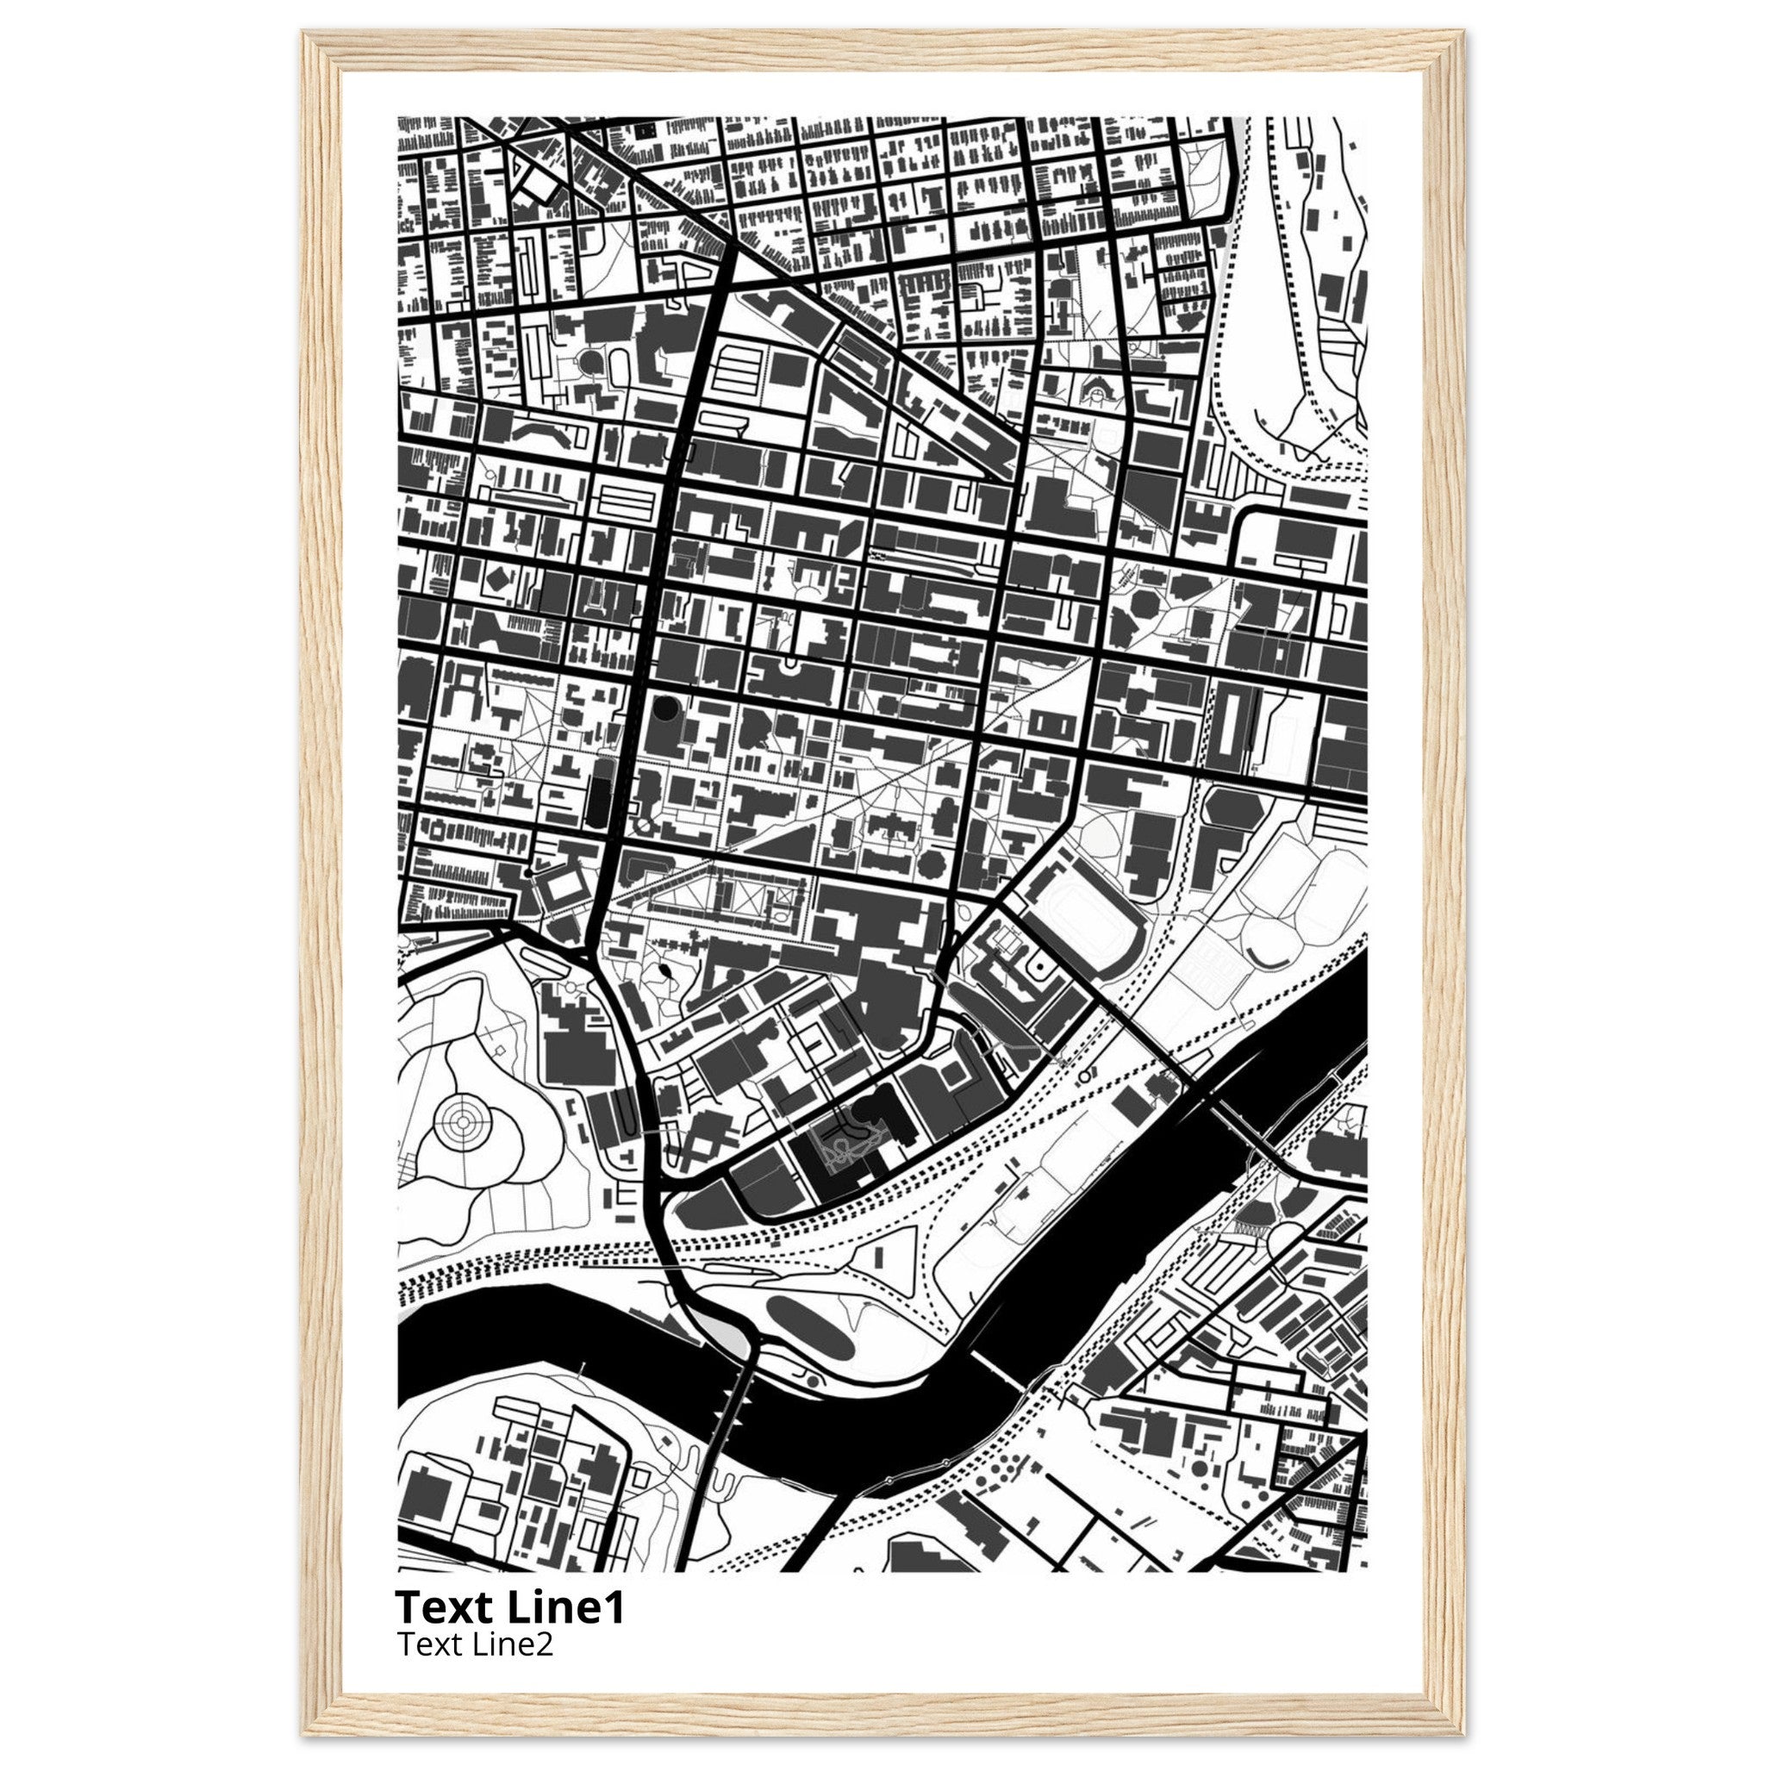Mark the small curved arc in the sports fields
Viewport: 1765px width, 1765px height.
click(1272, 957)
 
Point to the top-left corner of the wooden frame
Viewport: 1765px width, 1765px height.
click(304, 32)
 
